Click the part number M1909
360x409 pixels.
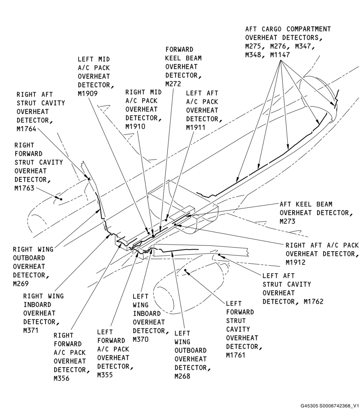click(88, 94)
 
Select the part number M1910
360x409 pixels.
click(135, 127)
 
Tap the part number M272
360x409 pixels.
click(173, 84)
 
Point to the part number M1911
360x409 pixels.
click(196, 128)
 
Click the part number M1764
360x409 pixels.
click(26, 129)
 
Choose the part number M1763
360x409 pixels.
click(24, 188)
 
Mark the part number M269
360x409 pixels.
click(21, 284)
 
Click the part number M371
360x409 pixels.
click(31, 331)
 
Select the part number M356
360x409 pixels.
click(62, 379)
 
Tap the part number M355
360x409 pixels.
click(105, 375)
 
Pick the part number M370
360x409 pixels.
click(141, 340)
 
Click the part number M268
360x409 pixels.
click(182, 376)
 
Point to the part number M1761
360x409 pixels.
click(236, 355)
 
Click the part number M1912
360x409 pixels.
click(296, 263)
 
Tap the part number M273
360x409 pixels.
click(287, 222)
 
